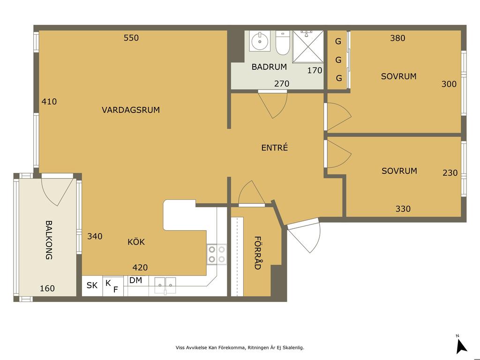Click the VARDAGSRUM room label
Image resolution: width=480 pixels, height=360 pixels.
click(131, 110)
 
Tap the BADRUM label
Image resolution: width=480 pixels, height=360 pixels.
click(269, 67)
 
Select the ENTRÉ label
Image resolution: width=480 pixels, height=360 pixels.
click(275, 148)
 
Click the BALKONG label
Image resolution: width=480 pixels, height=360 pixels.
click(49, 240)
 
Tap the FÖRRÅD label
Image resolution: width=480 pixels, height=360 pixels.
click(258, 253)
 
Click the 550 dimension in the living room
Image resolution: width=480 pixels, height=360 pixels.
click(131, 38)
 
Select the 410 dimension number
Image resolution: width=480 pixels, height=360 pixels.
click(49, 101)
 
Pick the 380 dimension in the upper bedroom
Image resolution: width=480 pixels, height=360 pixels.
click(397, 38)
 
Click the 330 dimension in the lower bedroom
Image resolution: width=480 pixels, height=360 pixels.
click(403, 209)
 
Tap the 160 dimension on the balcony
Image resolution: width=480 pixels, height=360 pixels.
click(47, 288)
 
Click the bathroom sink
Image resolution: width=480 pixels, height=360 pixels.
click(260, 41)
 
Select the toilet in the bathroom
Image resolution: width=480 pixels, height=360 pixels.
click(282, 43)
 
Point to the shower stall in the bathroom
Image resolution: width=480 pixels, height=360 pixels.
click(307, 46)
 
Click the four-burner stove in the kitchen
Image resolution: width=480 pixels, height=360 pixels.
click(217, 254)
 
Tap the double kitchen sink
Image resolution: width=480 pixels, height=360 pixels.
click(165, 285)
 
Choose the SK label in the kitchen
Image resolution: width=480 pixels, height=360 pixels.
click(92, 285)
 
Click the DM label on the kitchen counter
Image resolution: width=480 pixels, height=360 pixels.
click(135, 280)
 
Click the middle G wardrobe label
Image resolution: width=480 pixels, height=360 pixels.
click(338, 60)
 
